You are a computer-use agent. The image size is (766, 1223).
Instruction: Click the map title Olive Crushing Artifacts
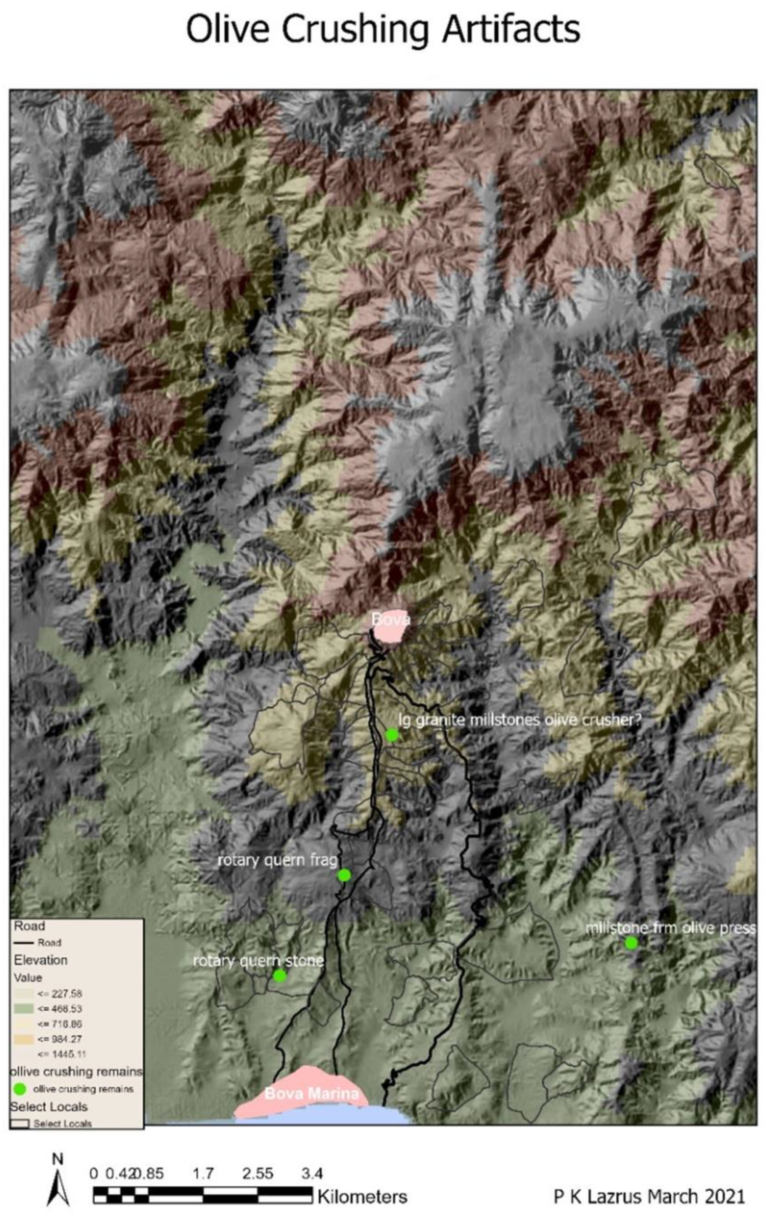[383, 29]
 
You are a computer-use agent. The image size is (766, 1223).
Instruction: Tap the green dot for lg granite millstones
[392, 735]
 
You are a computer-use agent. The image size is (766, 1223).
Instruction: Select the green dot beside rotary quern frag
[344, 875]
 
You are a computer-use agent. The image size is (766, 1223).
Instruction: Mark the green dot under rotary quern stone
[280, 975]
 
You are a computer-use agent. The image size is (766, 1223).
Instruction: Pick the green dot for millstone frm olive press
[631, 943]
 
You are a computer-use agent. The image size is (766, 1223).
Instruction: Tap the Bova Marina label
[312, 1093]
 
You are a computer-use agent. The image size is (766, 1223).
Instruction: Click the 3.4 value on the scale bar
[312, 1173]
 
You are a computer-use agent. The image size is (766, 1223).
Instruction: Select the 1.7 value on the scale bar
[203, 1173]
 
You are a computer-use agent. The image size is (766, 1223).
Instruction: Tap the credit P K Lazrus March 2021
[649, 1196]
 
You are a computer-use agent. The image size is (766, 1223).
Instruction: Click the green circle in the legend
[20, 1089]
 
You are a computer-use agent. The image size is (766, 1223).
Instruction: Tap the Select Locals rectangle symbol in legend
[20, 1124]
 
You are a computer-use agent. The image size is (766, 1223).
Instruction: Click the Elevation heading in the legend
[40, 960]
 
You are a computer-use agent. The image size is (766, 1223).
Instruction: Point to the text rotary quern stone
[258, 960]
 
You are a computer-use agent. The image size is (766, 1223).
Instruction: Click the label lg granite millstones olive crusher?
[519, 721]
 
